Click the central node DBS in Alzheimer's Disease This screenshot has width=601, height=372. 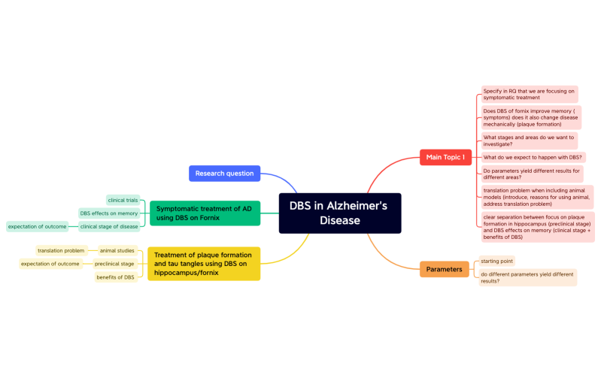[340, 213]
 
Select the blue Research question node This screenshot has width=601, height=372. [224, 174]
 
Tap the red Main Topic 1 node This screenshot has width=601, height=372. [445, 157]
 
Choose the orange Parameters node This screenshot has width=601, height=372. [444, 269]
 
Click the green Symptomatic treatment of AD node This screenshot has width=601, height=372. [205, 213]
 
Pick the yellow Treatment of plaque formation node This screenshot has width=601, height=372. [203, 264]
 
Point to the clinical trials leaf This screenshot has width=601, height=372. [123, 200]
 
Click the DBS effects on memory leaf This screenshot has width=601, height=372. [109, 213]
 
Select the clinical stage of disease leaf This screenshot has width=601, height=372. [109, 226]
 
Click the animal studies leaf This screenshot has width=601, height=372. [117, 250]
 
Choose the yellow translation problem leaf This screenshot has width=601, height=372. [61, 250]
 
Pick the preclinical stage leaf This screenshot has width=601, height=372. [114, 264]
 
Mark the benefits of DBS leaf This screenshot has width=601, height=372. [115, 277]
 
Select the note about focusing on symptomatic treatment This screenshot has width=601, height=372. [529, 94]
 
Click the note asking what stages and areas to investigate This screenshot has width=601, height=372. [529, 141]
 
